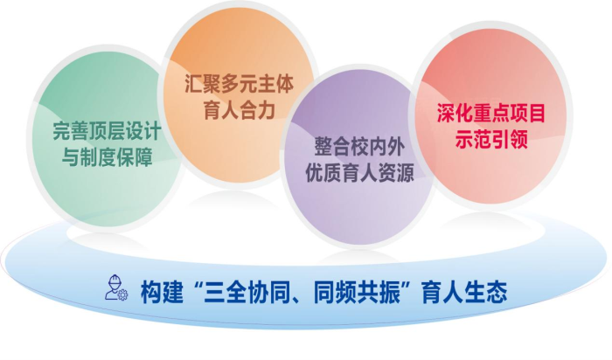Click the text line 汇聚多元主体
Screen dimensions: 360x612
coord(239,86)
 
